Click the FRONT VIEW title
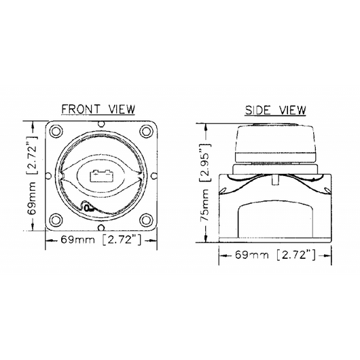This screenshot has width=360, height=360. point(98,109)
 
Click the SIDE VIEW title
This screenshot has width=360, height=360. point(275,110)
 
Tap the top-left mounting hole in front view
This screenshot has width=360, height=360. point(56,131)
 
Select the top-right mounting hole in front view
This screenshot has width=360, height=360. point(146,131)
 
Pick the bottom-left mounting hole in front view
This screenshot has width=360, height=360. point(56,219)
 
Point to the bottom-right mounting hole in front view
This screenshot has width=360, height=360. point(146,219)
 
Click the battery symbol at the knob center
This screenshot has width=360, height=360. point(101,176)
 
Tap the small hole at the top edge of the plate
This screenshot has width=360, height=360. point(101,124)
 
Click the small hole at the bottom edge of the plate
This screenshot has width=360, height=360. point(101,228)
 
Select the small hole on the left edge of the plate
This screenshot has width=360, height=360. point(48,176)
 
